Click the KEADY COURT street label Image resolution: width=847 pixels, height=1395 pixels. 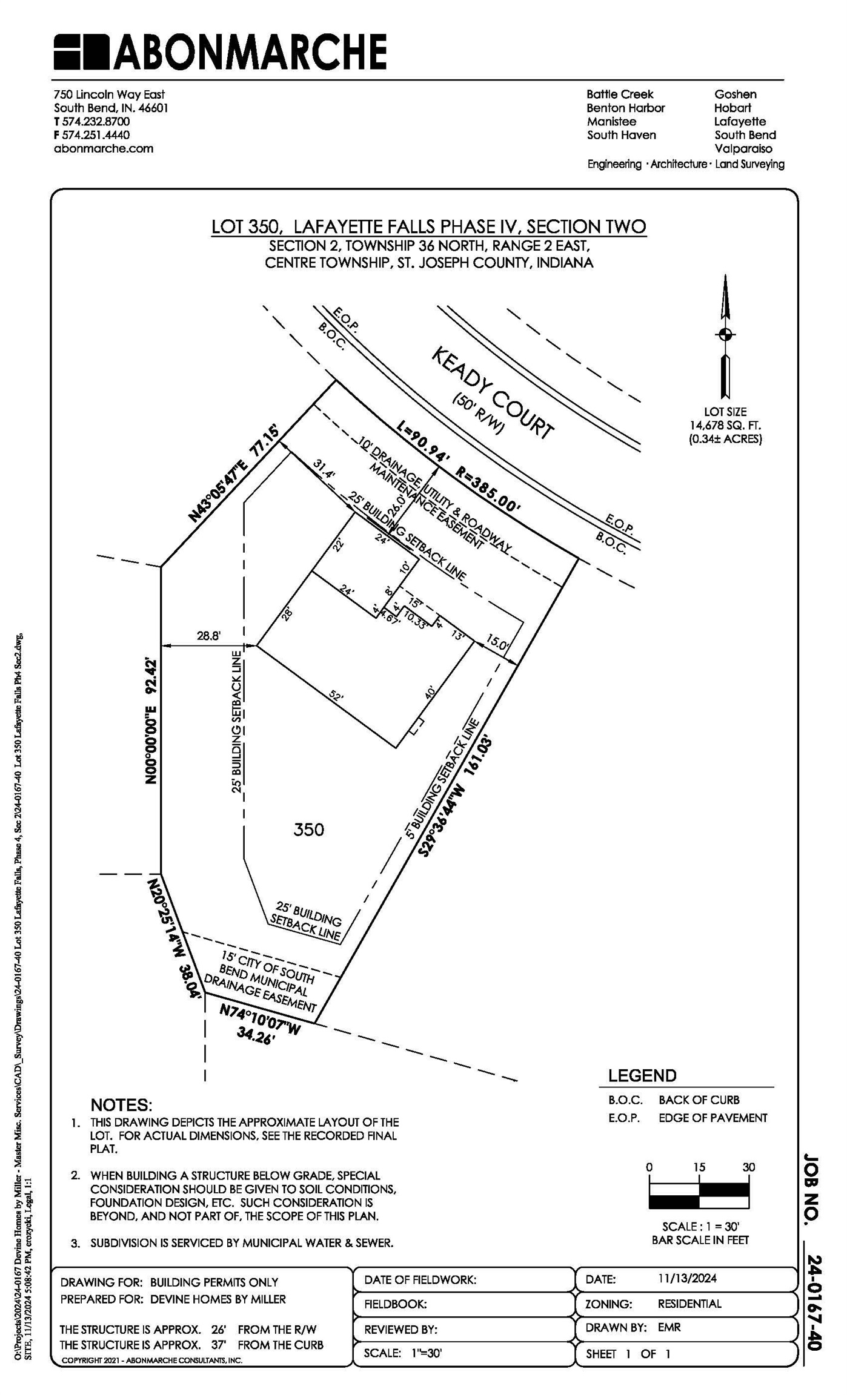pos(492,393)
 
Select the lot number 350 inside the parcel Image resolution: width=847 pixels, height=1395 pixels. pos(308,829)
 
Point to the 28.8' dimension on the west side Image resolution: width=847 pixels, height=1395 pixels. pos(208,636)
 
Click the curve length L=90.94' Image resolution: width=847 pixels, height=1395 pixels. pos(424,441)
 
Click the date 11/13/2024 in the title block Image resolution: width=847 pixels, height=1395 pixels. pos(687,1279)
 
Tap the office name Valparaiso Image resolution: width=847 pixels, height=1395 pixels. pos(742,148)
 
